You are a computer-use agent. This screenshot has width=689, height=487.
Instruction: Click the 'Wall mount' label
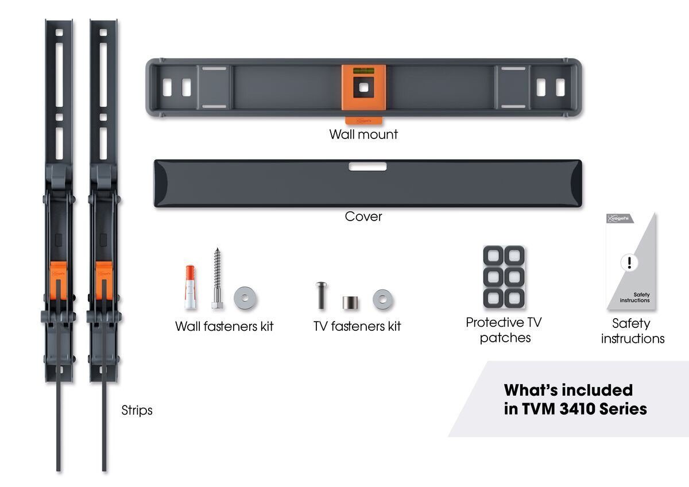pyautogui.click(x=363, y=134)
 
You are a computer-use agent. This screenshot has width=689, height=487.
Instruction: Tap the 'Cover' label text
pyautogui.click(x=363, y=217)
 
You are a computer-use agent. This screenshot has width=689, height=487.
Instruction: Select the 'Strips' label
pyautogui.click(x=137, y=411)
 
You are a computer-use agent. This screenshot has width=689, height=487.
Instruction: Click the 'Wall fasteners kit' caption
pyautogui.click(x=224, y=326)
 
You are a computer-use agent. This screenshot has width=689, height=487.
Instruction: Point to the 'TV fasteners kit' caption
pyautogui.click(x=357, y=326)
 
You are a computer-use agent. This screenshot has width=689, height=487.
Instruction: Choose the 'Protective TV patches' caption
pyautogui.click(x=504, y=330)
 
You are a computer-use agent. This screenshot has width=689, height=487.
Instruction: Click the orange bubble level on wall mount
pyautogui.click(x=363, y=72)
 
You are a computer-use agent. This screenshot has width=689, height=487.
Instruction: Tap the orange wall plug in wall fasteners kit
pyautogui.click(x=190, y=287)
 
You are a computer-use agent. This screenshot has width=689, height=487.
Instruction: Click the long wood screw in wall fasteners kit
pyautogui.click(x=217, y=279)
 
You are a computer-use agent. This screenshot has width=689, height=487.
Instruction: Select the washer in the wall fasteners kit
pyautogui.click(x=245, y=299)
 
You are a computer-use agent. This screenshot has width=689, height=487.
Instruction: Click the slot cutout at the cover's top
pyautogui.click(x=367, y=167)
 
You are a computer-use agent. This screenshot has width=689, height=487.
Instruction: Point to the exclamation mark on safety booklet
pyautogui.click(x=629, y=263)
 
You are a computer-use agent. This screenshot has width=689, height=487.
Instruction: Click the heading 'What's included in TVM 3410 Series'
pyautogui.click(x=575, y=399)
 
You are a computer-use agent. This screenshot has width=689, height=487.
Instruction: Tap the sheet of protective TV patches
pyautogui.click(x=504, y=277)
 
